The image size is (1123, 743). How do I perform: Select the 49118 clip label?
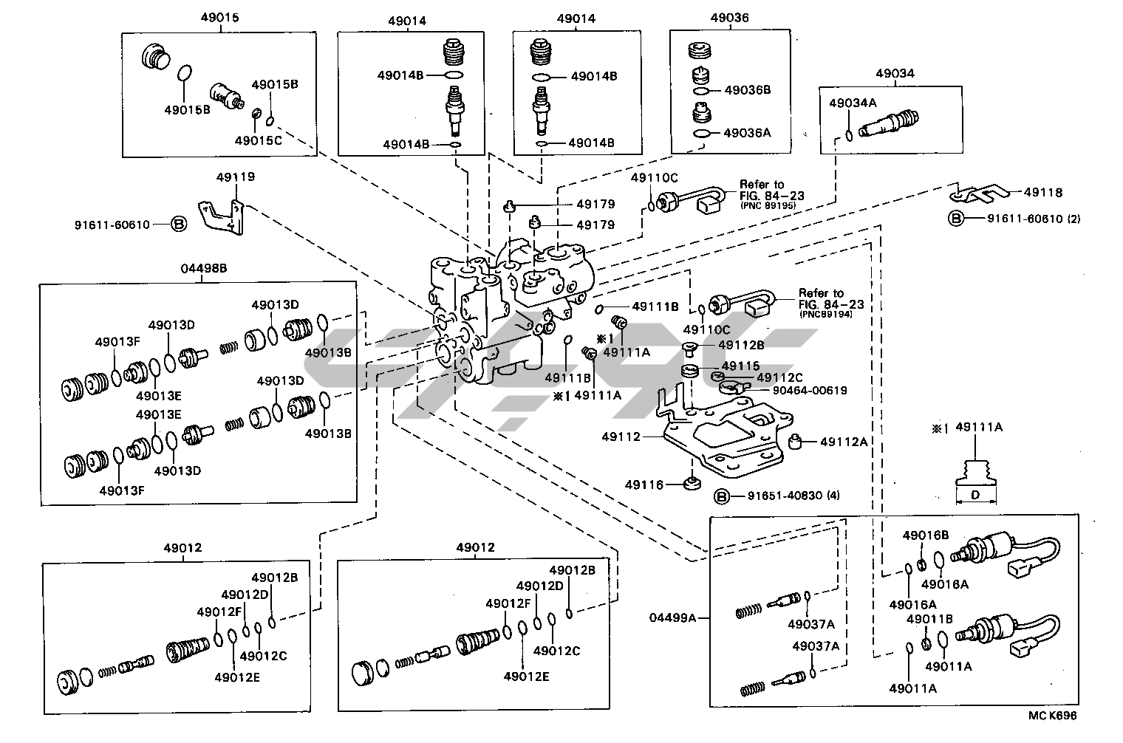(1042, 193)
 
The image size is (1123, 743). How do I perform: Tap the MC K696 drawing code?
(1052, 716)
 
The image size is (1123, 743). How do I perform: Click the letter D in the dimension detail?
(974, 495)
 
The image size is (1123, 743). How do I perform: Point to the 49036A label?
(747, 133)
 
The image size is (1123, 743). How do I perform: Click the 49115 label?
(740, 366)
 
